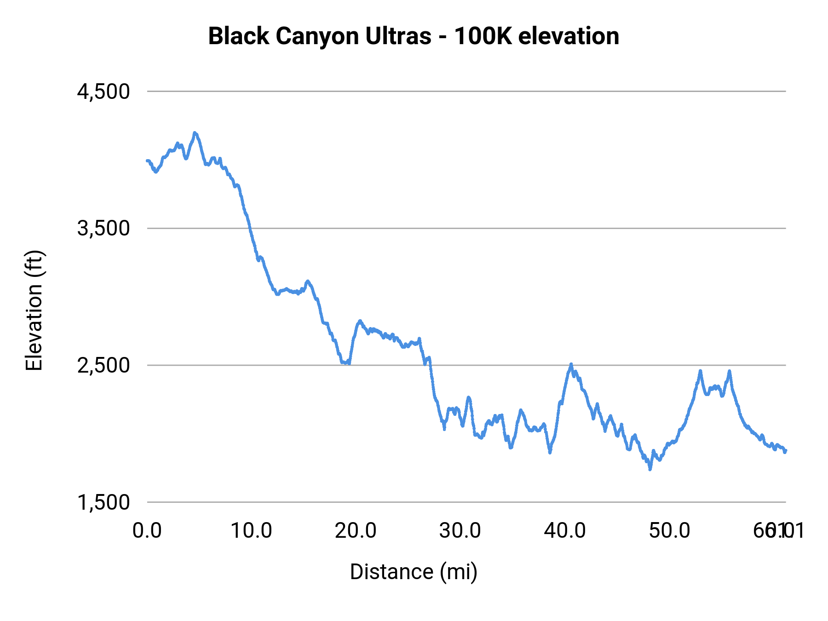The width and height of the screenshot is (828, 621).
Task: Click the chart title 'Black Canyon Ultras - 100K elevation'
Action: pos(414,36)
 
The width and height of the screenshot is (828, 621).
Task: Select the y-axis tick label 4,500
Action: pos(103,92)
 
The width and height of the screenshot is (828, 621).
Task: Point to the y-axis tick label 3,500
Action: pos(103,228)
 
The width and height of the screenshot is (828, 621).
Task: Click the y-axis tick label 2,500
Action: pos(103,365)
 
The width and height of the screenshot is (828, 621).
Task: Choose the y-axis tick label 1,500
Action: pos(103,502)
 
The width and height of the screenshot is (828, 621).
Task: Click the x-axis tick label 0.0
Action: pos(147,531)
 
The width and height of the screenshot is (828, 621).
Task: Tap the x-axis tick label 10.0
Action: pos(251,531)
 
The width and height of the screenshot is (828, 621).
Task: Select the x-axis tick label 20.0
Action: pos(356,531)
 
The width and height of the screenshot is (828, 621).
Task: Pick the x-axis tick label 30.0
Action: pos(460,531)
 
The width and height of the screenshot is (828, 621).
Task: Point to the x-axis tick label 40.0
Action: pos(565,531)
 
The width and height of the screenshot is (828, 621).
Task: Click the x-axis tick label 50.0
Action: pos(669,531)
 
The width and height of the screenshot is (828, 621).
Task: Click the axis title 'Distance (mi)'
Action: pos(414,572)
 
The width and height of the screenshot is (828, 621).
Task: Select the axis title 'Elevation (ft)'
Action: pos(34,310)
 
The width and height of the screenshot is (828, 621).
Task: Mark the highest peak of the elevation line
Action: pos(195,133)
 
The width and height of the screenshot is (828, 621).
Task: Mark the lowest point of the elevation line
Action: pos(650,469)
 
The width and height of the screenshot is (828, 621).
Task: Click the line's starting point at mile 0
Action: pos(147,161)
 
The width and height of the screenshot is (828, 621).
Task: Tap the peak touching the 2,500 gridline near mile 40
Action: pos(571,364)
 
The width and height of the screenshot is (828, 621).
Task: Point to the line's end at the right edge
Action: pos(786,451)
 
